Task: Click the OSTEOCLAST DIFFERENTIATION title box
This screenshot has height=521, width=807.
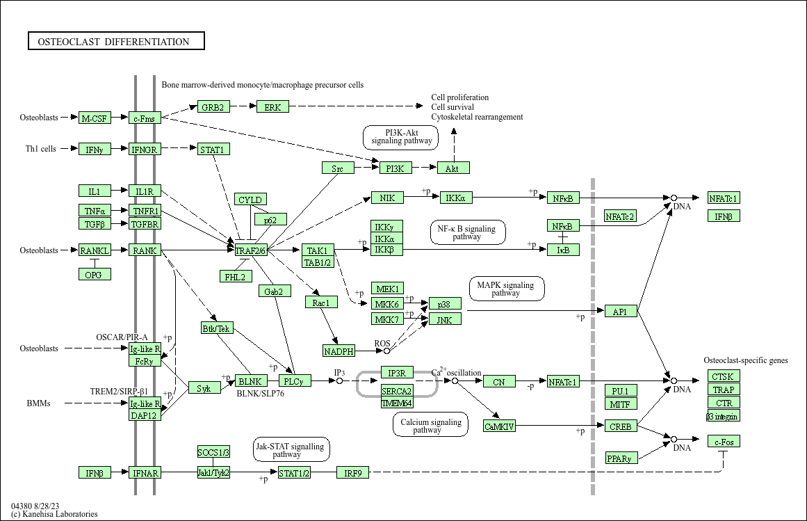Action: coord(116,42)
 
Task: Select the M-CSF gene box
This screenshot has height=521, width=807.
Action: coord(95,118)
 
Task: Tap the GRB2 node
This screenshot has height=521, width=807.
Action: coord(213,107)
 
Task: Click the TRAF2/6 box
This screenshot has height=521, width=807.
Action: coord(251,250)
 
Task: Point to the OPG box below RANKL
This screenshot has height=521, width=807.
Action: coord(95,275)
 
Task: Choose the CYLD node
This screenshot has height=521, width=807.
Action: coord(250,200)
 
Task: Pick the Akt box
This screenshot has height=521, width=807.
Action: coord(453,168)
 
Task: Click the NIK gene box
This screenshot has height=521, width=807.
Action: coord(387,198)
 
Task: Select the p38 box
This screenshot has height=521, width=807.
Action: coord(445,304)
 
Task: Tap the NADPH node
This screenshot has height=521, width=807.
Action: coord(339,351)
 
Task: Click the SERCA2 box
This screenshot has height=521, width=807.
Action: coord(397,391)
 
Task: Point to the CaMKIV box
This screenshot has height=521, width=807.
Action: coord(500,426)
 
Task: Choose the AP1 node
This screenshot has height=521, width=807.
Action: coord(620,312)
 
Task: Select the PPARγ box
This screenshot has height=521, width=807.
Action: coord(620,458)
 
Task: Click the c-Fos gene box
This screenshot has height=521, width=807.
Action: coord(724,442)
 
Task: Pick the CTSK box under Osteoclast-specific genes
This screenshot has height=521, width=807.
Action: coord(724,376)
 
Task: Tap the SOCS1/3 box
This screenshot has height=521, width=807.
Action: coord(213,452)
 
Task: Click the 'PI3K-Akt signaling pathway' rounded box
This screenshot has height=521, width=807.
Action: coord(401,137)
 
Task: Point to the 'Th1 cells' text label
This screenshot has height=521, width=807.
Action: coord(41,149)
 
